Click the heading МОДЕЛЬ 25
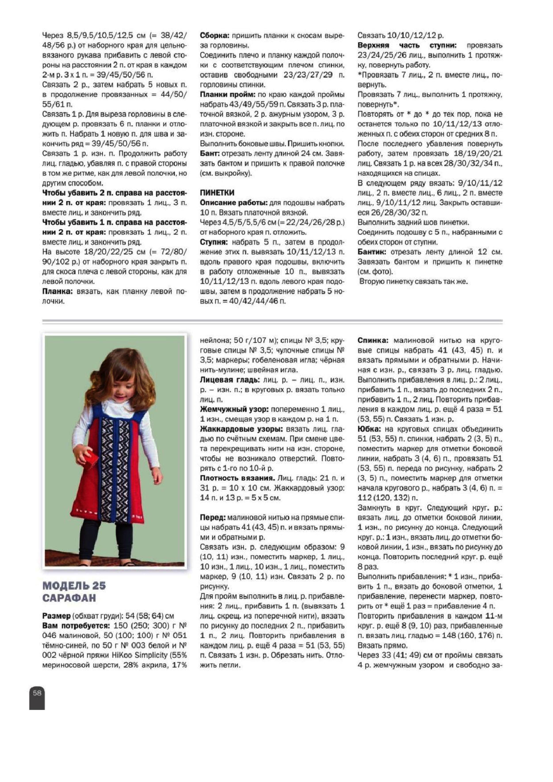(x=74, y=586)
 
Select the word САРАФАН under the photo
(x=69, y=598)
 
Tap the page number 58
(x=37, y=693)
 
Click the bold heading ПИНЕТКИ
(x=217, y=193)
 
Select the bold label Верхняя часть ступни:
(x=407, y=45)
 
